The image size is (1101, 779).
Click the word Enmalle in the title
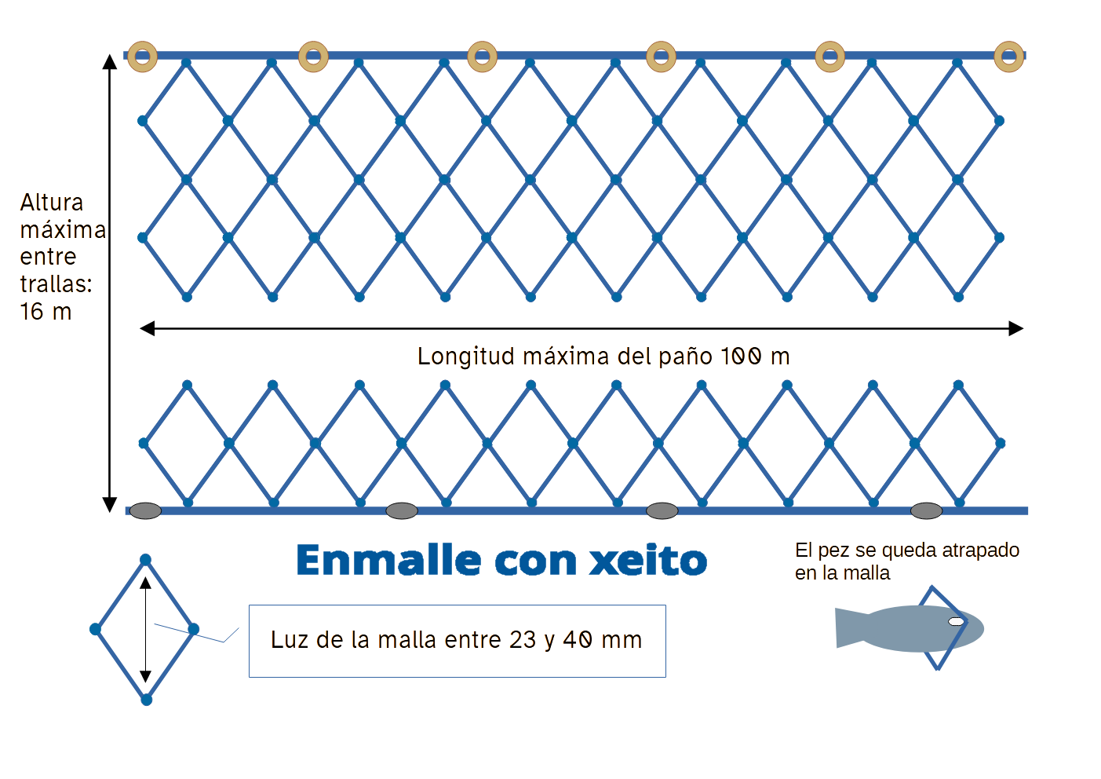[x=388, y=561]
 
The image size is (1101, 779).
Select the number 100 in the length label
[x=741, y=357]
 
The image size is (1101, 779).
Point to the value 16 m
[x=46, y=312]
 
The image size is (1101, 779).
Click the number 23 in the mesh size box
[x=523, y=640]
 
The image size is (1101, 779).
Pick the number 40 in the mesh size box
[x=578, y=640]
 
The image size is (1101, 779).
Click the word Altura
[x=52, y=203]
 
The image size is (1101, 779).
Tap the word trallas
[x=55, y=284]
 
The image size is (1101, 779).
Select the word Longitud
[x=465, y=357]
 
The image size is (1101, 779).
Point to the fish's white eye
[x=956, y=621]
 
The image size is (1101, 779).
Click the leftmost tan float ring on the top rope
[x=143, y=57]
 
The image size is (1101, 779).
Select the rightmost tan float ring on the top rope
[x=1009, y=57]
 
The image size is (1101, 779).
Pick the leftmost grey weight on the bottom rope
[x=145, y=511]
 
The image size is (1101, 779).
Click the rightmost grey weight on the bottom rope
[x=926, y=511]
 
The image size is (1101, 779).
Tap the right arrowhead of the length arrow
[x=1016, y=328]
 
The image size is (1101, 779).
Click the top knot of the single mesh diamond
[x=145, y=560]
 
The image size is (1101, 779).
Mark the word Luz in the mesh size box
[x=288, y=640]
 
